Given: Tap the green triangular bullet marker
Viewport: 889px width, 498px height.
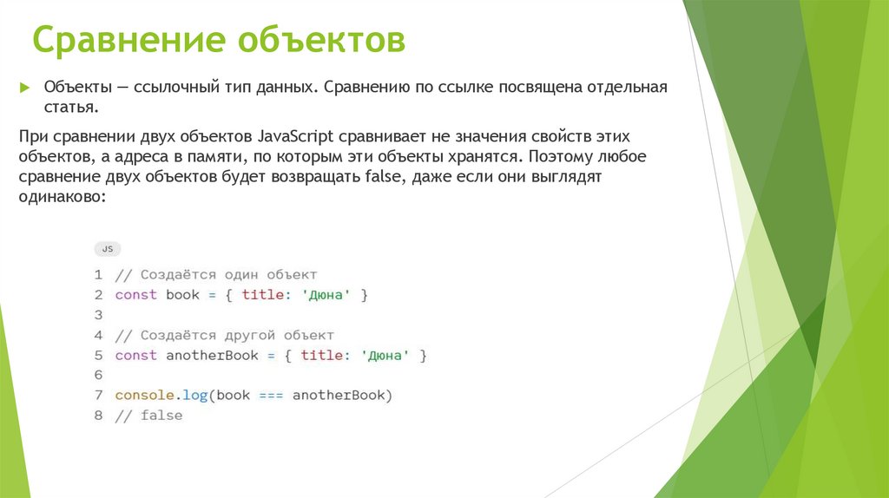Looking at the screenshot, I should click(x=25, y=88).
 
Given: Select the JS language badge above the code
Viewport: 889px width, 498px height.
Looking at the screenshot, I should click(x=108, y=249).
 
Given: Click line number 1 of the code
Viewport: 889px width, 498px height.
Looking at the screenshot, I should click(x=99, y=275).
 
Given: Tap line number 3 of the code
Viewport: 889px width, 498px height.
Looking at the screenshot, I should click(x=99, y=315).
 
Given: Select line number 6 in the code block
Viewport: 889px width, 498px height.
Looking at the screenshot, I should click(x=99, y=376).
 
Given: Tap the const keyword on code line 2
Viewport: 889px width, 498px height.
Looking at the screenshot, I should click(x=135, y=295).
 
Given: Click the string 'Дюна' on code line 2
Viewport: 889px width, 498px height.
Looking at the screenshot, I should click(x=326, y=295).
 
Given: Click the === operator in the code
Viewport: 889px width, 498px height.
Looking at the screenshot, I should click(x=271, y=396).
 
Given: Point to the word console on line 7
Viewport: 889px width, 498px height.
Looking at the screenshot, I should click(x=144, y=396).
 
